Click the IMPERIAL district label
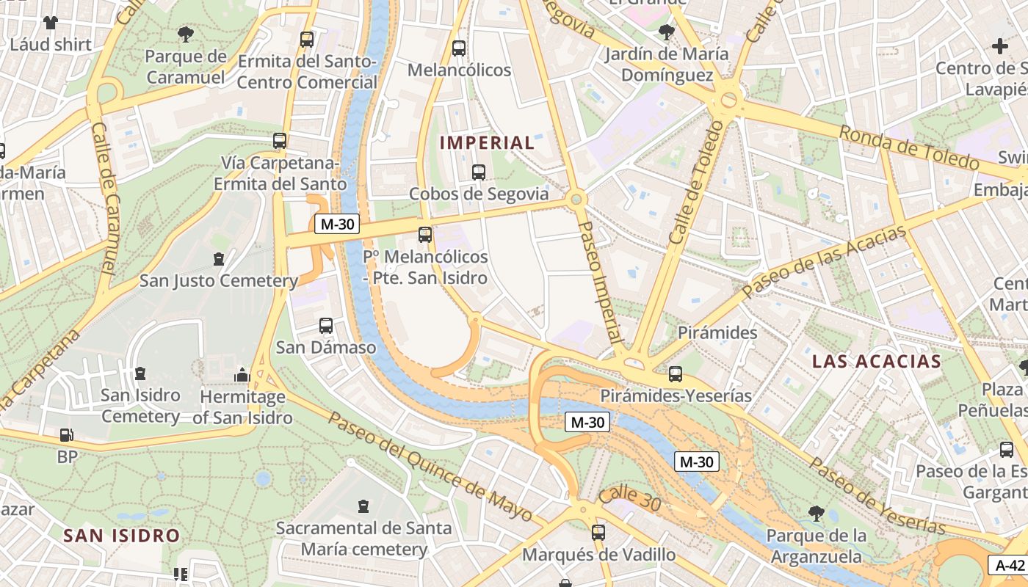click(x=488, y=143)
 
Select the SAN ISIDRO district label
click(x=122, y=536)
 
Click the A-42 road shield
click(x=1010, y=565)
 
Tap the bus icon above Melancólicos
click(x=459, y=48)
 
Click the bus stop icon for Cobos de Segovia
click(x=479, y=172)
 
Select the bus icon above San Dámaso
click(x=326, y=325)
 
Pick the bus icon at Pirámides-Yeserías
click(x=676, y=373)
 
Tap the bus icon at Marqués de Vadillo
click(x=598, y=532)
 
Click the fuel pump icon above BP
click(x=66, y=435)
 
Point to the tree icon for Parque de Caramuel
click(x=186, y=34)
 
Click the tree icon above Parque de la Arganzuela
click(x=815, y=513)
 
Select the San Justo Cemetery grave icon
click(x=218, y=258)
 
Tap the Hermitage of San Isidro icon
click(x=242, y=376)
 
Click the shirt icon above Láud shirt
click(x=50, y=23)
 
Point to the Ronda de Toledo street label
click(x=908, y=147)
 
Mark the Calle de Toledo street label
click(x=695, y=182)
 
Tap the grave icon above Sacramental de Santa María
click(x=363, y=506)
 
